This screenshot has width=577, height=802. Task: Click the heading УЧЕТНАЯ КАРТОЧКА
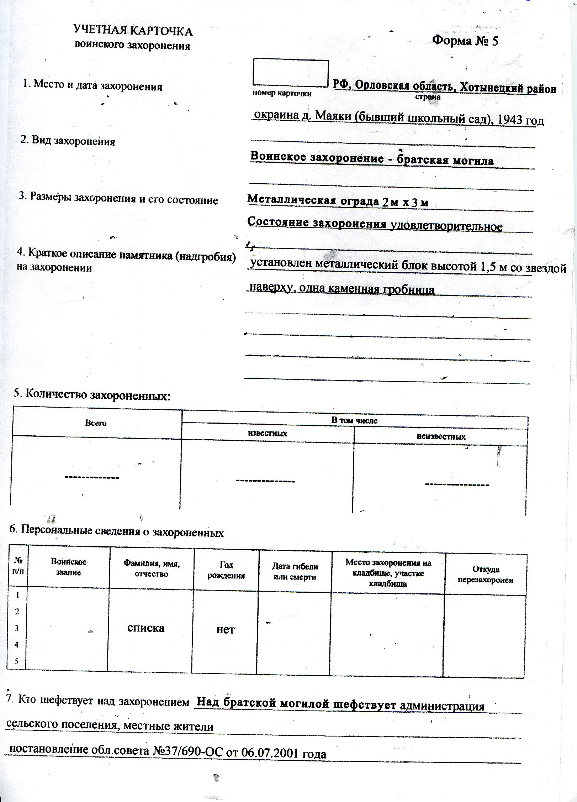pyautogui.click(x=133, y=31)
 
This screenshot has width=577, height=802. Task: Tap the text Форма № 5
pyautogui.click(x=465, y=41)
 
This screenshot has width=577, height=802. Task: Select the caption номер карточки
pyautogui.click(x=282, y=94)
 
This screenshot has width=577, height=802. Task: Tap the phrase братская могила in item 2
pyautogui.click(x=445, y=161)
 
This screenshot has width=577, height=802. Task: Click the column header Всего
pyautogui.click(x=96, y=423)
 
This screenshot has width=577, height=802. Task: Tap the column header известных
pyautogui.click(x=267, y=433)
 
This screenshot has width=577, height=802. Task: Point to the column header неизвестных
pyautogui.click(x=441, y=436)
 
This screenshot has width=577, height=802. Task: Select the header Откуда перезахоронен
pyautogui.click(x=485, y=575)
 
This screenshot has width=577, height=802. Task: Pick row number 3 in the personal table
pyautogui.click(x=17, y=628)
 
